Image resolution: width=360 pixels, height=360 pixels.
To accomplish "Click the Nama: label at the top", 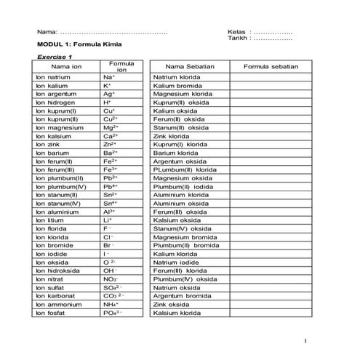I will (x=47, y=32).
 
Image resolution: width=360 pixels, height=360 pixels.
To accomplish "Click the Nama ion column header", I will (x=66, y=66).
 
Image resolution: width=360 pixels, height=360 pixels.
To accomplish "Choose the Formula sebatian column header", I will (x=271, y=66).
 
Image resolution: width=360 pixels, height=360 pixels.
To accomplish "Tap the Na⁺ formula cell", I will (x=109, y=76).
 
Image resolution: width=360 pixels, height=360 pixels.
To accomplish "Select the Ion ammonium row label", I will (x=57, y=305).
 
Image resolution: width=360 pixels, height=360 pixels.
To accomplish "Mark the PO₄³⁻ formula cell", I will (x=112, y=313).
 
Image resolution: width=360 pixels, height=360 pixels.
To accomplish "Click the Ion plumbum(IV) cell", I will (x=60, y=186).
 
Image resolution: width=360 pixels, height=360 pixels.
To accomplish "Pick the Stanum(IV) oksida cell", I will (x=181, y=228).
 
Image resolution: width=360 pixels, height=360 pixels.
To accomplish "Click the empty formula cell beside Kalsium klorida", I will (x=271, y=313).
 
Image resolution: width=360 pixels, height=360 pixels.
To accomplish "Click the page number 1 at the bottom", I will (x=308, y=340).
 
